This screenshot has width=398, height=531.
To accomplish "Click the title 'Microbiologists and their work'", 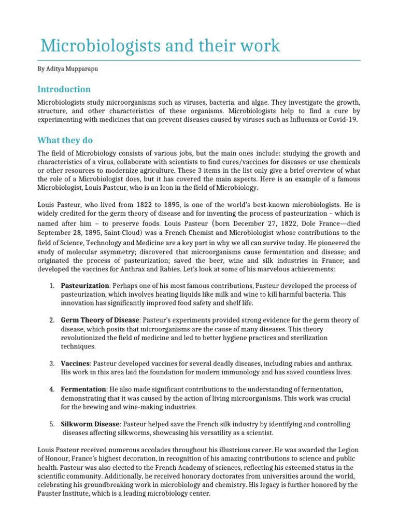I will coord(160,46).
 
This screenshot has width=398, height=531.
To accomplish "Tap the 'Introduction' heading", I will coord(64,89).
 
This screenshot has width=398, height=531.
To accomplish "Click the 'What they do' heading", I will coord(65,141).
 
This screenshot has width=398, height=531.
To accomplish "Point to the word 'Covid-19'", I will coord(340,120).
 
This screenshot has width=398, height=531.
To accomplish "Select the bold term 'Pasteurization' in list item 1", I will coord(85,286).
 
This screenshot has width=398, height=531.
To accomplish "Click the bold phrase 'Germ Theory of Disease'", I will coord(100,320).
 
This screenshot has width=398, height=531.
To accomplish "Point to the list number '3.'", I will coord(52,363).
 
